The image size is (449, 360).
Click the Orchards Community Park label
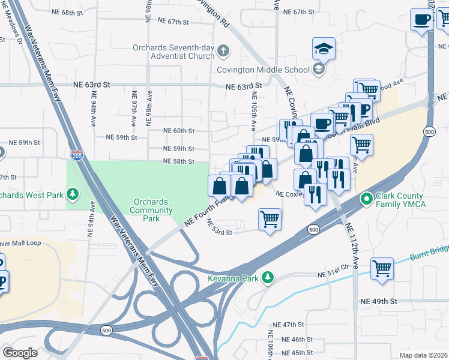(x=151, y=211)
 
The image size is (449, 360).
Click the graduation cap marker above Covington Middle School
(x=324, y=49)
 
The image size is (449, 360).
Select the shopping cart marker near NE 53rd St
(x=270, y=219)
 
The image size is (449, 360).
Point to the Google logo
(x=20, y=353)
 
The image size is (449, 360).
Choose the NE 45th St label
(x=294, y=353)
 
